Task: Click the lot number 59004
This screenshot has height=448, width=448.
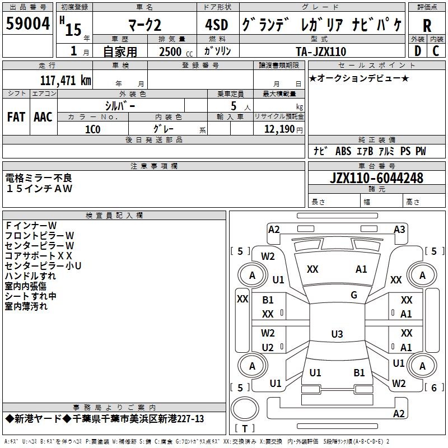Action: click(27, 24)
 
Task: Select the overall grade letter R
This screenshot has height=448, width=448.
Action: click(427, 26)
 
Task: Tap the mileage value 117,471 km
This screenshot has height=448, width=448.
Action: click(66, 81)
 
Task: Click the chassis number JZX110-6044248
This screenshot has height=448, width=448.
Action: click(376, 178)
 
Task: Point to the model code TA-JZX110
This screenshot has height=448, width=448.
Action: click(321, 52)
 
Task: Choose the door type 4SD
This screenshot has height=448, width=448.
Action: click(217, 25)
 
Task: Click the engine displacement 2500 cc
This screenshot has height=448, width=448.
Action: click(176, 52)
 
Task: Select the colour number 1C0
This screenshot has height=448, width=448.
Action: click(92, 129)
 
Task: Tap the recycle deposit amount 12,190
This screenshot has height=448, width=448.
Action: click(279, 129)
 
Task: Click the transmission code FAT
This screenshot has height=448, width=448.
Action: click(16, 117)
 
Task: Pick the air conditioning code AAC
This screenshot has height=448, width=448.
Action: click(43, 117)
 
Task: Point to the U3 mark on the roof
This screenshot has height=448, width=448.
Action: click(337, 334)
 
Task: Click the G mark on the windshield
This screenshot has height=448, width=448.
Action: click(354, 295)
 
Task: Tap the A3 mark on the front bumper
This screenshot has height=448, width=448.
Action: click(399, 230)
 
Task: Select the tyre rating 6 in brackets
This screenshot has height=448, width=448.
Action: click(433, 388)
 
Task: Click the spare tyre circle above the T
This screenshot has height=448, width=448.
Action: click(245, 409)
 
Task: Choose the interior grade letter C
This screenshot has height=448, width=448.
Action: click(436, 51)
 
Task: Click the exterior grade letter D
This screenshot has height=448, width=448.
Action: click(418, 51)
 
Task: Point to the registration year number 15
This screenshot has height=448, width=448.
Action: click(73, 30)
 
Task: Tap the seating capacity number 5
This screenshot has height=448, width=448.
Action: click(234, 106)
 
